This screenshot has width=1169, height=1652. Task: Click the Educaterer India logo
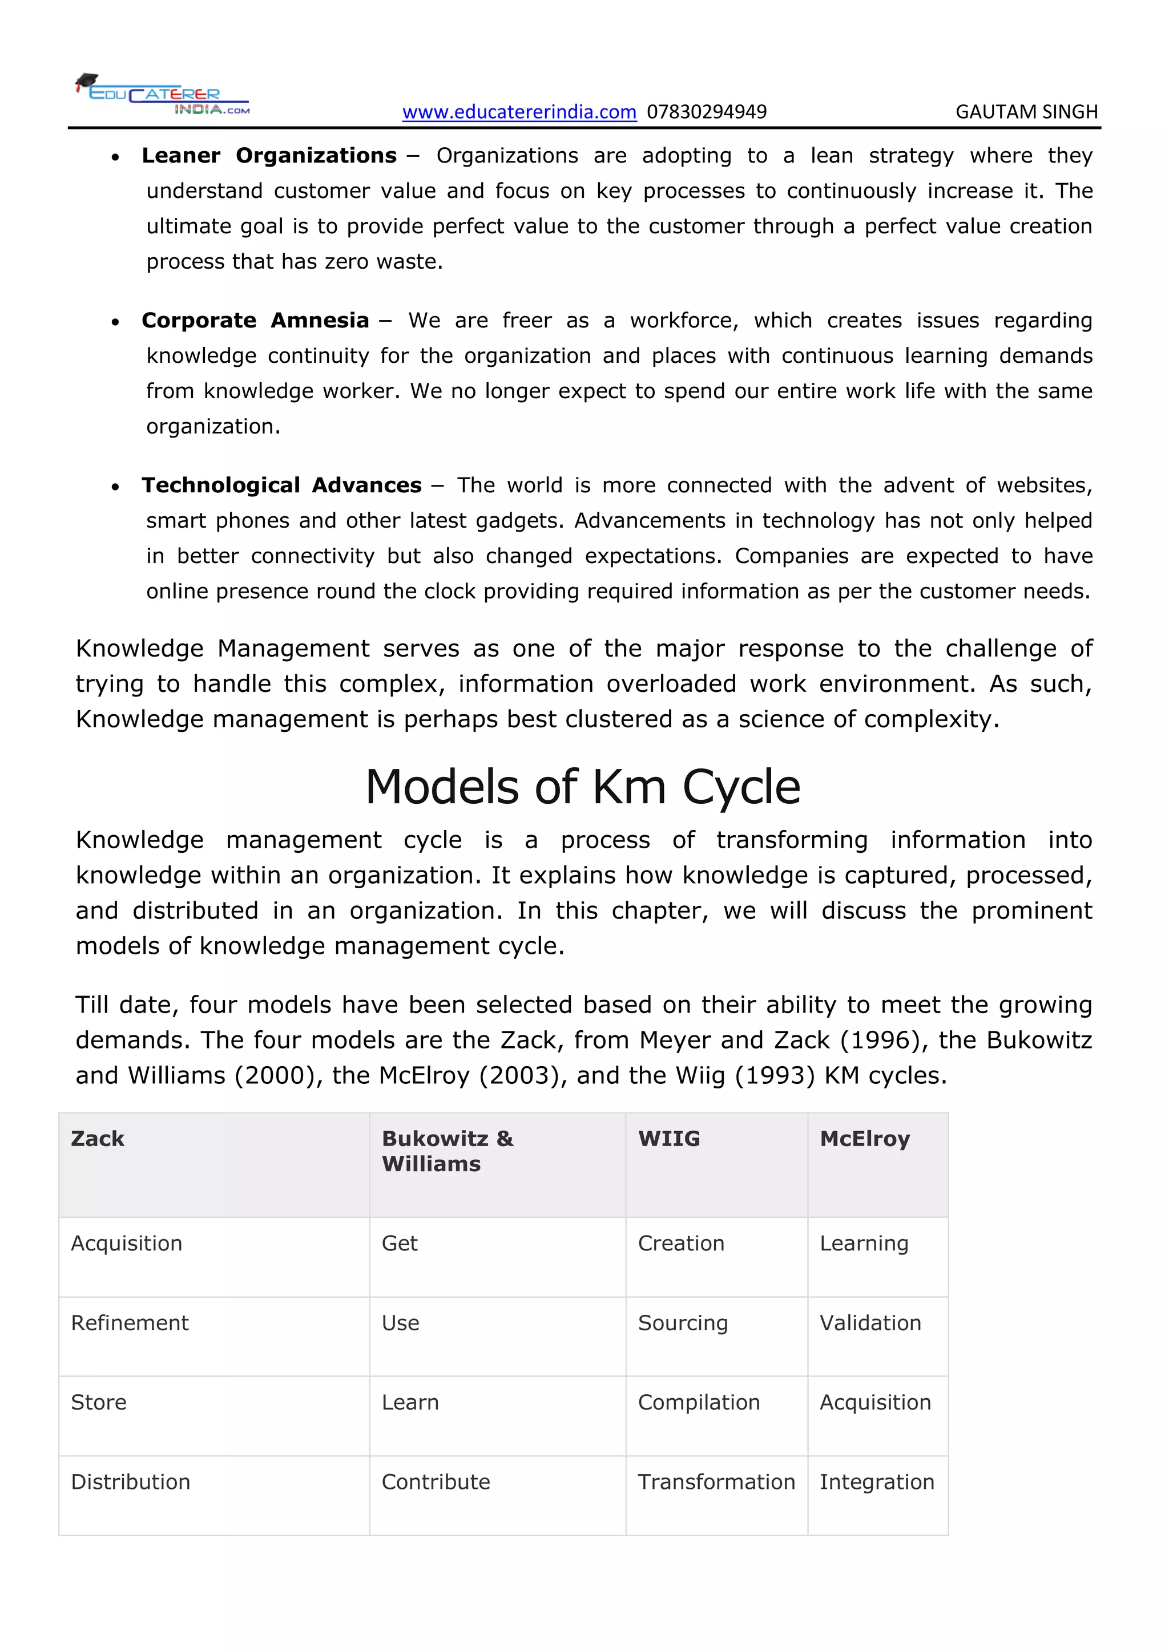tap(163, 95)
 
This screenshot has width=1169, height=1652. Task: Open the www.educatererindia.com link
tap(519, 112)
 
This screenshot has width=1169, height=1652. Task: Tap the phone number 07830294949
tap(706, 112)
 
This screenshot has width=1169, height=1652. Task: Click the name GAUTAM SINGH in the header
tap(1026, 112)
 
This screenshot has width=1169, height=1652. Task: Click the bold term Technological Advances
tap(281, 485)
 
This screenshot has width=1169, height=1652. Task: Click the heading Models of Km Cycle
tap(582, 787)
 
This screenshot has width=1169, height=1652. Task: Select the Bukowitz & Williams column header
tap(447, 1151)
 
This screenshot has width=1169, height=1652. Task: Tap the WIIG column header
tap(669, 1139)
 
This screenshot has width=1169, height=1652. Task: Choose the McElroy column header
tap(865, 1139)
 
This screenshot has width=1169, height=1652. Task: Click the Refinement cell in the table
tap(130, 1323)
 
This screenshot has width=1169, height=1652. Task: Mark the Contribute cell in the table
tap(436, 1482)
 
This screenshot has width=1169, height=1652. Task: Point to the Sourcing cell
tap(683, 1323)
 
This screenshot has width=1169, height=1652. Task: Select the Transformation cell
tap(716, 1482)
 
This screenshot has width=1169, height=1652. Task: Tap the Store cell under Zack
tap(99, 1402)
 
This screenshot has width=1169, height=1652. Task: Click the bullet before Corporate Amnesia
tap(115, 322)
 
